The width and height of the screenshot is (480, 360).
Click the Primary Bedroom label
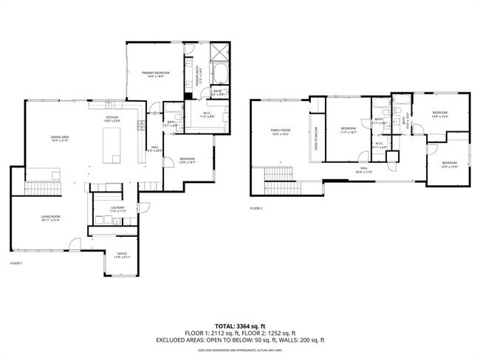[156, 74]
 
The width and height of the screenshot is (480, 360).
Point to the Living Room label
[50, 218]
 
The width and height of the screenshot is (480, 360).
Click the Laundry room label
[118, 210]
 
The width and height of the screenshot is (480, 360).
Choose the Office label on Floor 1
[121, 255]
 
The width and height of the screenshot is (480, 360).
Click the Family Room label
[279, 133]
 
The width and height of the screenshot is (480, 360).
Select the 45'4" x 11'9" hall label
[364, 170]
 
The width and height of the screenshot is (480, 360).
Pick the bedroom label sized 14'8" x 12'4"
[440, 114]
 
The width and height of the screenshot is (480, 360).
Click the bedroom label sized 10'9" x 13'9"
[450, 165]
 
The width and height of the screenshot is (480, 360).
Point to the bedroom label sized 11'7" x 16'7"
[349, 130]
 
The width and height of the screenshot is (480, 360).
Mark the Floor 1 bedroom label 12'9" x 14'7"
[188, 161]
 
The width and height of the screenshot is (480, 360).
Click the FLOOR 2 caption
[256, 209]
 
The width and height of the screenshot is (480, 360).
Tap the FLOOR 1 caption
[16, 263]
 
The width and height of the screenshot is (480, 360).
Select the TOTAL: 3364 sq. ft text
[240, 325]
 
